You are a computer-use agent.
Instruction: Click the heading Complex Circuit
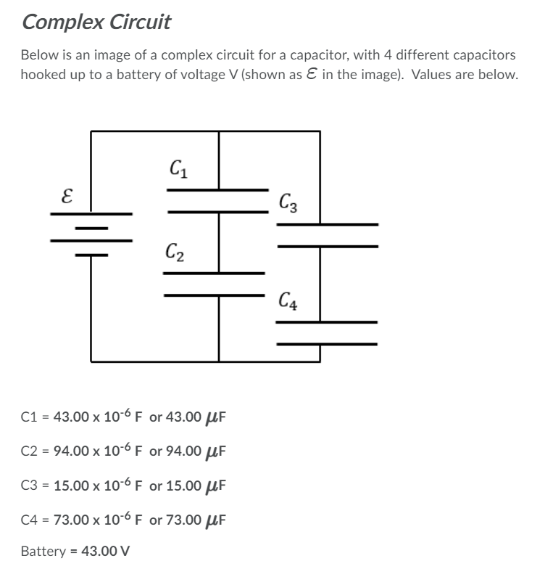coord(96,22)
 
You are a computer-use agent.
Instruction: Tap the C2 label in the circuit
coord(173,254)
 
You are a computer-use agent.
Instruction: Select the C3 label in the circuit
coord(287,201)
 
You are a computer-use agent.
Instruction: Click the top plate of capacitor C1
coord(218,190)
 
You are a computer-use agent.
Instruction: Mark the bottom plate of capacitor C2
coord(214,295)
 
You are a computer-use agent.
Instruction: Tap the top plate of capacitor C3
coord(328,224)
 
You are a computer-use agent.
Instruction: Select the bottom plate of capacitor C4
coord(327,343)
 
